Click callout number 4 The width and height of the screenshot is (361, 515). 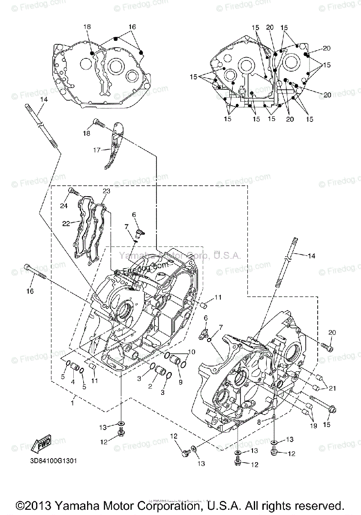(x=72, y=382)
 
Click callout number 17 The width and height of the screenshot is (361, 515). (x=96, y=150)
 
